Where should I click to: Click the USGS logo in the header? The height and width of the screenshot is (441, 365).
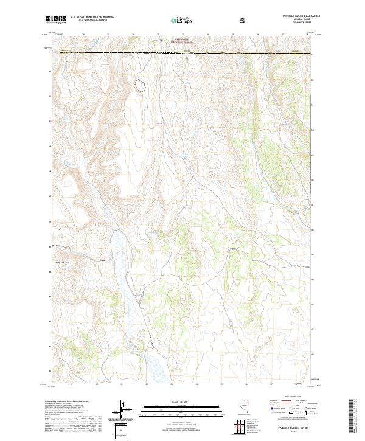(56, 19)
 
